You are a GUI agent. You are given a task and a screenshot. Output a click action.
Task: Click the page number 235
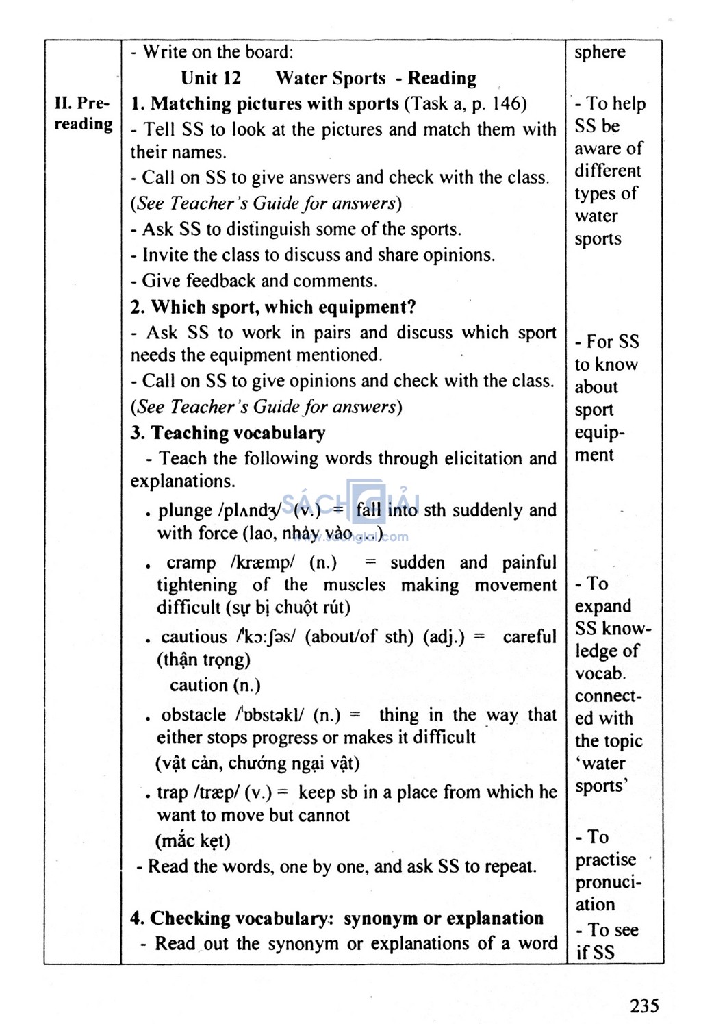[644, 1005]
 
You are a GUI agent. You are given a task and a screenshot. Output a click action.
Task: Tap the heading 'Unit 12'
[211, 78]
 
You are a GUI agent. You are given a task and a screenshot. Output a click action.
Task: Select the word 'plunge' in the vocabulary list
[185, 510]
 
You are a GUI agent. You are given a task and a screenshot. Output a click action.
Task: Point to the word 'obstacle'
[194, 714]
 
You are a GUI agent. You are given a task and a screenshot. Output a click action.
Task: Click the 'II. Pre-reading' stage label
[83, 114]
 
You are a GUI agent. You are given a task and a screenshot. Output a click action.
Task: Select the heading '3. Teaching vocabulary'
[228, 433]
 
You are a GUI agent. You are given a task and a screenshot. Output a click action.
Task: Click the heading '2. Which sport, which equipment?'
[273, 307]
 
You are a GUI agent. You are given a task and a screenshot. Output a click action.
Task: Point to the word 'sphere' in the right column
[600, 53]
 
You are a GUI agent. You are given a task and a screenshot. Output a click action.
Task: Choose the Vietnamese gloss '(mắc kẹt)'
[193, 840]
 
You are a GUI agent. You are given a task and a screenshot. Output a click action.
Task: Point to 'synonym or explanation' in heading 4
[443, 918]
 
